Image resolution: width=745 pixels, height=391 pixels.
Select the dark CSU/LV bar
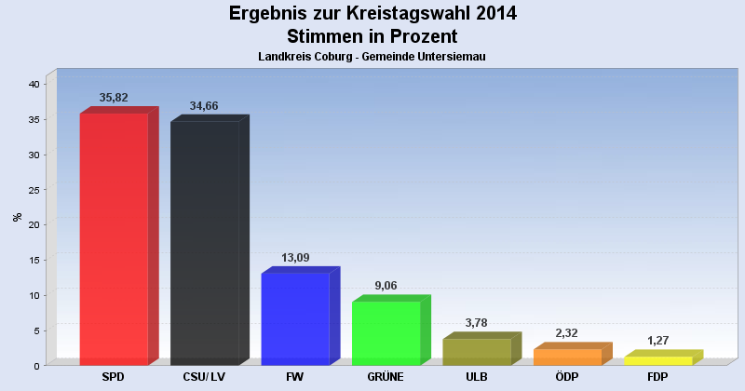[x=205, y=243]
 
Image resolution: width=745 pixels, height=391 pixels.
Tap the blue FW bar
[x=295, y=318]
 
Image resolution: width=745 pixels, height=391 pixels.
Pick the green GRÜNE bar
[x=386, y=332]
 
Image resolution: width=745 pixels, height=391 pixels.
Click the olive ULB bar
[x=477, y=351]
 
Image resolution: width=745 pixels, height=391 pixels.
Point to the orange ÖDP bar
[x=567, y=357]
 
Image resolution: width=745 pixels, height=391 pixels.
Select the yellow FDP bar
[x=657, y=360]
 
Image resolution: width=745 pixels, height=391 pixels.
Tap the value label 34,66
[x=204, y=105]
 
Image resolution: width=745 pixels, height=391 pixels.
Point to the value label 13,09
[x=295, y=257]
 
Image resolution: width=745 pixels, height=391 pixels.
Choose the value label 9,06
[x=386, y=286]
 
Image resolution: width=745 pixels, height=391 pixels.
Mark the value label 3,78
[x=477, y=323]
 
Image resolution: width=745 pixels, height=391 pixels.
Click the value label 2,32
[x=567, y=333]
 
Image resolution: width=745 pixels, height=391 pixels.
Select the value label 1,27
[x=657, y=341]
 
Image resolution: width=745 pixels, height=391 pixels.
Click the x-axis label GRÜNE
[x=386, y=377]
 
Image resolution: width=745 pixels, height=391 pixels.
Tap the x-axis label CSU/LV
[x=204, y=377]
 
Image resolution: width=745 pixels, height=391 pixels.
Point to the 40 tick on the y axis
[x=34, y=84]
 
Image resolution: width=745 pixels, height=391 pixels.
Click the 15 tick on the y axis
[x=34, y=260]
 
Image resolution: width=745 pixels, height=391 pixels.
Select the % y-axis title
[x=17, y=217]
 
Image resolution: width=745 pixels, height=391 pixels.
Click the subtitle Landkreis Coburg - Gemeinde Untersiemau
[x=372, y=57]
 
